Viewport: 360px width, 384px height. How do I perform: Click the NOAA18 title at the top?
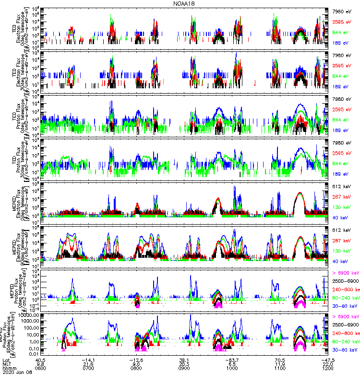[x=185, y=3]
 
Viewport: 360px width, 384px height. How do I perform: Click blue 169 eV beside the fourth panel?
[x=341, y=174]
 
